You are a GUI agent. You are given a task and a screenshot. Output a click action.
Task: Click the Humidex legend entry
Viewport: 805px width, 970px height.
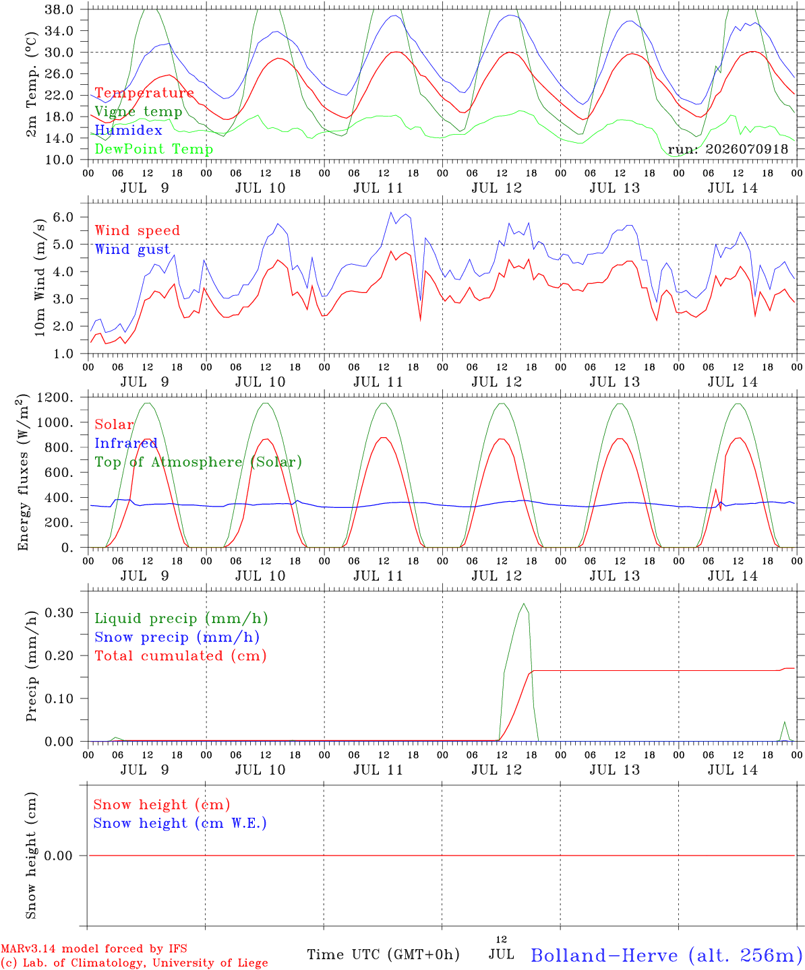coord(128,130)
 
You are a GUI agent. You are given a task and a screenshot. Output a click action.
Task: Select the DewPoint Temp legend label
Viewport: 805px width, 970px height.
coord(154,149)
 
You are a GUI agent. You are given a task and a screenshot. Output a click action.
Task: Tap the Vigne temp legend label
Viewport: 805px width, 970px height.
coord(139,112)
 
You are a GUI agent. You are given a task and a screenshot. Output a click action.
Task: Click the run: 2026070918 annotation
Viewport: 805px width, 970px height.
coord(727,149)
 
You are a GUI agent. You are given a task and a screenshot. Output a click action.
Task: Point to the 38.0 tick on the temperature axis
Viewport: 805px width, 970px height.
coord(59,9)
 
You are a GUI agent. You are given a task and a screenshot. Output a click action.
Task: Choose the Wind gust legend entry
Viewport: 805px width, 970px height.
coord(133,249)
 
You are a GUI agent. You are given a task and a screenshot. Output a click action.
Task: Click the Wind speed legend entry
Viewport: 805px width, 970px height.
coord(137,230)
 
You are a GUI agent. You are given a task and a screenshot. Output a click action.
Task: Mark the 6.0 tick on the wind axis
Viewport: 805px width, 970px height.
coord(63,217)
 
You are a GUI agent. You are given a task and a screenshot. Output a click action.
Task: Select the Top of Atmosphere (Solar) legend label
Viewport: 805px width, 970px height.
coord(199,462)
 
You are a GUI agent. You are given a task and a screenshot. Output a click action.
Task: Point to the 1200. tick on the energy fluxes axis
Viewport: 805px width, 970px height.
coord(55,397)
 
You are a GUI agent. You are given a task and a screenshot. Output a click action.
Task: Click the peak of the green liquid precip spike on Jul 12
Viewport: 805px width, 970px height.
coord(524,604)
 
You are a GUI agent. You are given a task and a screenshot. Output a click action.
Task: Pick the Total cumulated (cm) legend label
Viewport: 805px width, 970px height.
coord(181,655)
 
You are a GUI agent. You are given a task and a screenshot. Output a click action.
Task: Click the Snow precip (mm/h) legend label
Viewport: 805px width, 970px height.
coord(177,637)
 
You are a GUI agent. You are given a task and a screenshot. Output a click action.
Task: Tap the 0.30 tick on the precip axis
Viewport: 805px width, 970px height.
coord(59,613)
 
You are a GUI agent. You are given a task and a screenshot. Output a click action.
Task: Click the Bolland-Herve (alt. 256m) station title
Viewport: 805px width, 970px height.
coord(667,955)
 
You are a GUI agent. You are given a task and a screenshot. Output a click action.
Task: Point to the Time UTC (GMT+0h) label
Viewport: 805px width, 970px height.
coord(383,955)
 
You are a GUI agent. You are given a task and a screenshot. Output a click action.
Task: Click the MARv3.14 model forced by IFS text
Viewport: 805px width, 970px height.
coord(94,948)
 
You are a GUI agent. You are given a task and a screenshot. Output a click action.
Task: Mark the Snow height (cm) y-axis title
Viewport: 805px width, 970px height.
coord(31,855)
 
